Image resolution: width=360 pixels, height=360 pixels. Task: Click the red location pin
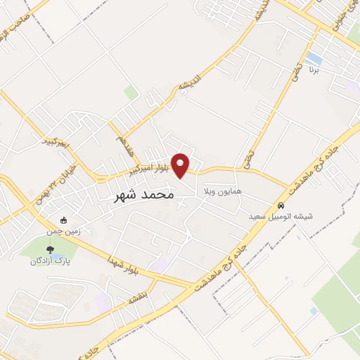[x=181, y=165]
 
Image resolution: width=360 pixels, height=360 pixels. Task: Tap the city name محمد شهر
[x=143, y=195]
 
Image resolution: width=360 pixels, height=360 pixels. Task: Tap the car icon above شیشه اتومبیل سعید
[x=281, y=207]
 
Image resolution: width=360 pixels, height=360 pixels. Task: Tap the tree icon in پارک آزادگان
[x=50, y=249]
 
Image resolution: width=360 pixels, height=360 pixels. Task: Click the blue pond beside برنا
[x=314, y=57]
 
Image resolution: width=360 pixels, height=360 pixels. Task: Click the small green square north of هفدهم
[x=130, y=92]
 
